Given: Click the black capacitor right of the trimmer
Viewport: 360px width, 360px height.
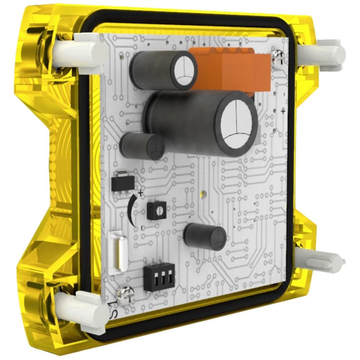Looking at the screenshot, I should (205, 237).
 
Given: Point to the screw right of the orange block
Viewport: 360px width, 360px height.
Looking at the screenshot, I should (278, 56).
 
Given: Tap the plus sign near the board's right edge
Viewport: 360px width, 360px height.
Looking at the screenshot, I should (283, 112).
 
